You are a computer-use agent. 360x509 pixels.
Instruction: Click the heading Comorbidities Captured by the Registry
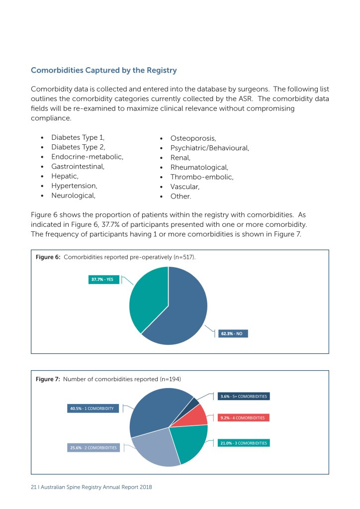103,70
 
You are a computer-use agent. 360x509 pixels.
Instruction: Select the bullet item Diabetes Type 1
78,138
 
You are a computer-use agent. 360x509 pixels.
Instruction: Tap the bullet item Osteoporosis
193,138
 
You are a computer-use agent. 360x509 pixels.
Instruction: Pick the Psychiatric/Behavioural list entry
209,148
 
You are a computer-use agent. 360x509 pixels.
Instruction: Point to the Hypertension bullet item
74,186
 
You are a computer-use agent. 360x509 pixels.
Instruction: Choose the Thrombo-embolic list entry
201,177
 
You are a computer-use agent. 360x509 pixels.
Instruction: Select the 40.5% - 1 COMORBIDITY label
93,408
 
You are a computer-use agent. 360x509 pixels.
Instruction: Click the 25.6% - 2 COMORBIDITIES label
93,448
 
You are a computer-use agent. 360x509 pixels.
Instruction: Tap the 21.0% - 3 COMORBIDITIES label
244,443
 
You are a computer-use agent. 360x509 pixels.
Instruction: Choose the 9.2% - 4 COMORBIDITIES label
244,418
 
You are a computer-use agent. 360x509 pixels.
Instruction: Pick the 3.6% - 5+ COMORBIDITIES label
244,397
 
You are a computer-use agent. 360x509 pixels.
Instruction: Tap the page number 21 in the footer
33,487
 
